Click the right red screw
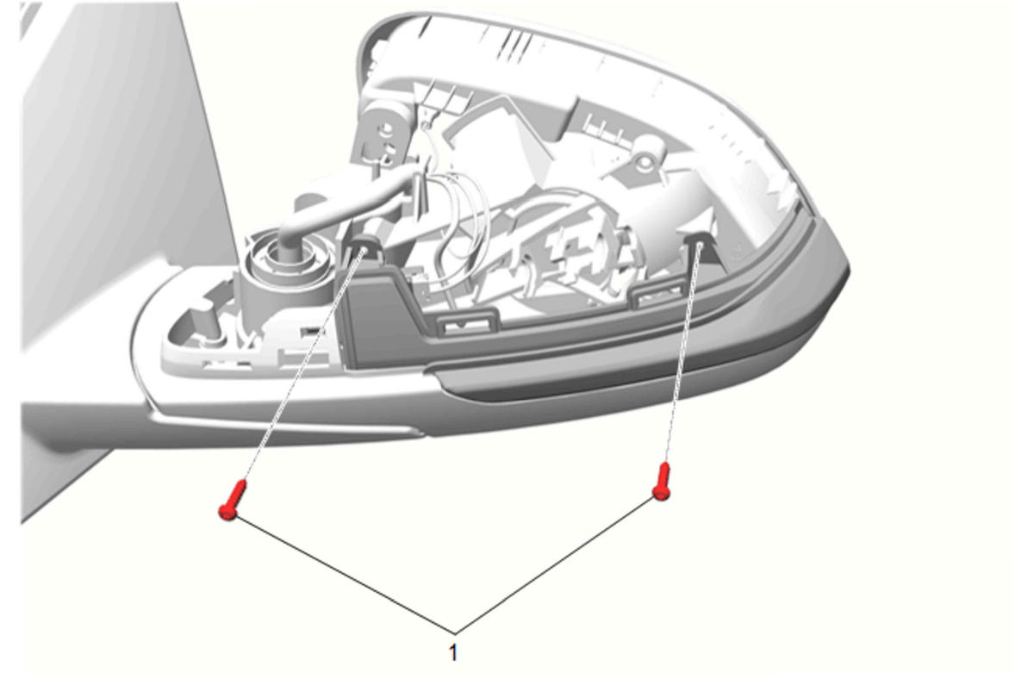click(662, 482)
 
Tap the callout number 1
click(453, 652)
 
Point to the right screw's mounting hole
click(698, 244)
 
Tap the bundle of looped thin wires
click(462, 217)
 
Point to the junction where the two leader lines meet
click(456, 633)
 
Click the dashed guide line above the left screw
click(302, 364)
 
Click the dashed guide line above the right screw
click(682, 353)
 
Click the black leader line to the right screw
click(555, 566)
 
